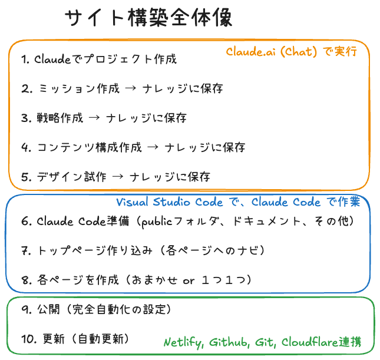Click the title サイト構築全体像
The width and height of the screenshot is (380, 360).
point(148,18)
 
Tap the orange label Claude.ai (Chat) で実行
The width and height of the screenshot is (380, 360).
point(292,52)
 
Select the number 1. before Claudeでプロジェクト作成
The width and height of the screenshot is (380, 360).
point(25,60)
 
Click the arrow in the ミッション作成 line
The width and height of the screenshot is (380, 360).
point(131,88)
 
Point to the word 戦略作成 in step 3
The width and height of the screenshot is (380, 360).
point(60,118)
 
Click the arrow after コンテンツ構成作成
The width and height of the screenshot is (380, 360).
point(153,147)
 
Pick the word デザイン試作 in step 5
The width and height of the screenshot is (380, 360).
point(71,177)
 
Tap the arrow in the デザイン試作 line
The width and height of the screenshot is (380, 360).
point(118,177)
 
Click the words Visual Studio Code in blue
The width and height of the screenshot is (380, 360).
point(170,202)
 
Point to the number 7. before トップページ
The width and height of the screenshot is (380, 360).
point(26,250)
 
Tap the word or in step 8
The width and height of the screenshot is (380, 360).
point(189,281)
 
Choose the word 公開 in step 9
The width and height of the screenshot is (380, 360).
point(48,309)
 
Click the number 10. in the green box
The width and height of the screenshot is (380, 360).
point(29,339)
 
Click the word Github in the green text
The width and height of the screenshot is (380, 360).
point(229,342)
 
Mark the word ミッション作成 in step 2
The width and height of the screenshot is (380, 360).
point(79,88)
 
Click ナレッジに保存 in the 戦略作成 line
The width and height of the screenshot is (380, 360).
point(146,118)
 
